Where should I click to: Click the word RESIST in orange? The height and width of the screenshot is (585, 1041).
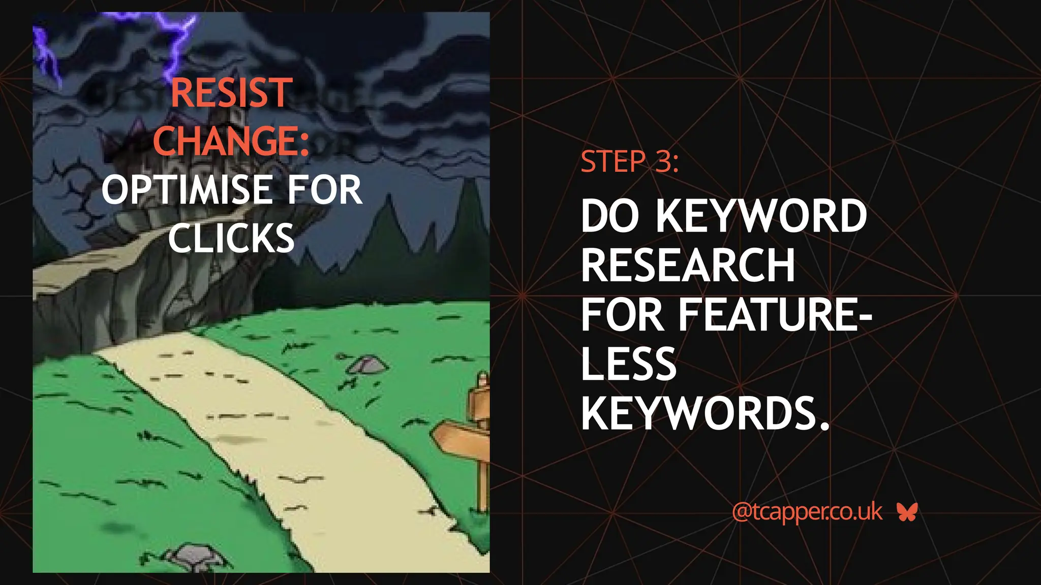(x=231, y=92)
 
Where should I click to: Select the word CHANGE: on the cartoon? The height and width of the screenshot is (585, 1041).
(x=231, y=141)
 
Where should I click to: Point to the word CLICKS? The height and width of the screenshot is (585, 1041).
(x=231, y=238)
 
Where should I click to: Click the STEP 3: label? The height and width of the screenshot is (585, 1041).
(x=629, y=162)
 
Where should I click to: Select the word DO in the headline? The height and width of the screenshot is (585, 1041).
(x=610, y=216)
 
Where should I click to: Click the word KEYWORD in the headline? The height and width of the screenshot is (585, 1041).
(x=761, y=216)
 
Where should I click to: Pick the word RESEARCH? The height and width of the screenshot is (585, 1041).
(x=688, y=265)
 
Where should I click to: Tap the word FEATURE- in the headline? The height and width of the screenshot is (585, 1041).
(x=776, y=315)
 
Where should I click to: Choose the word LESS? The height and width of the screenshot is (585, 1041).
(x=628, y=364)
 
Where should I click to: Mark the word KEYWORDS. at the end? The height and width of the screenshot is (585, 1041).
(x=705, y=413)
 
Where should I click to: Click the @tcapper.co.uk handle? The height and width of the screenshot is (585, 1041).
(x=807, y=512)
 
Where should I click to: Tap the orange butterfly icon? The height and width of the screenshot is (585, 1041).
(x=907, y=512)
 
